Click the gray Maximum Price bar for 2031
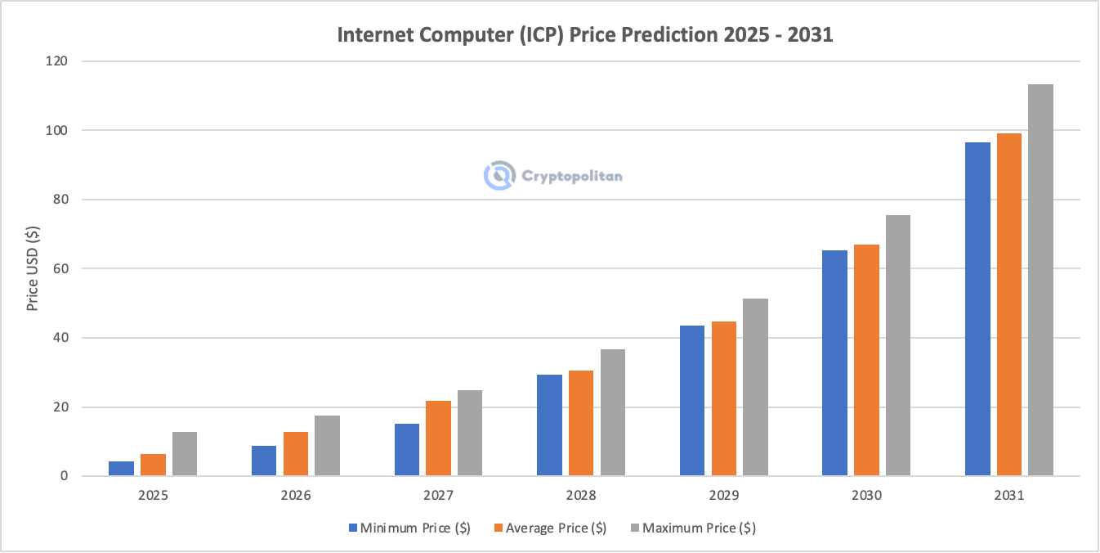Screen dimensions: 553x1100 pyautogui.click(x=1040, y=280)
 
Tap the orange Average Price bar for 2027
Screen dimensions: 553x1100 pyautogui.click(x=438, y=438)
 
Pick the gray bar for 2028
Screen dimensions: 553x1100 pyautogui.click(x=612, y=412)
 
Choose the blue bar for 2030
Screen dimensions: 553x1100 pyautogui.click(x=834, y=363)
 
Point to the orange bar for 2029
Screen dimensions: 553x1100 pyautogui.click(x=723, y=398)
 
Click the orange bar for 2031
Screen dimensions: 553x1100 pyautogui.click(x=1008, y=304)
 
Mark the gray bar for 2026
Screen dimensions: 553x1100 pyautogui.click(x=327, y=446)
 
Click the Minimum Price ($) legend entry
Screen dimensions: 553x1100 pyautogui.click(x=408, y=528)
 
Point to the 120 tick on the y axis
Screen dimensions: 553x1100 pyautogui.click(x=56, y=61)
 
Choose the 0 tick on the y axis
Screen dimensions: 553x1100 pyautogui.click(x=64, y=476)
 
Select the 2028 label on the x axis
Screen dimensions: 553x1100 pyautogui.click(x=580, y=496)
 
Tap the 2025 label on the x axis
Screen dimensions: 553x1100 pyautogui.click(x=153, y=496)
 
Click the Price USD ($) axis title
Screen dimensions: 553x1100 pyautogui.click(x=33, y=269)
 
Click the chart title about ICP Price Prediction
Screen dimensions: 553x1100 pyautogui.click(x=585, y=35)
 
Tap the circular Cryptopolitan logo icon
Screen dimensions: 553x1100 pyautogui.click(x=498, y=175)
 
